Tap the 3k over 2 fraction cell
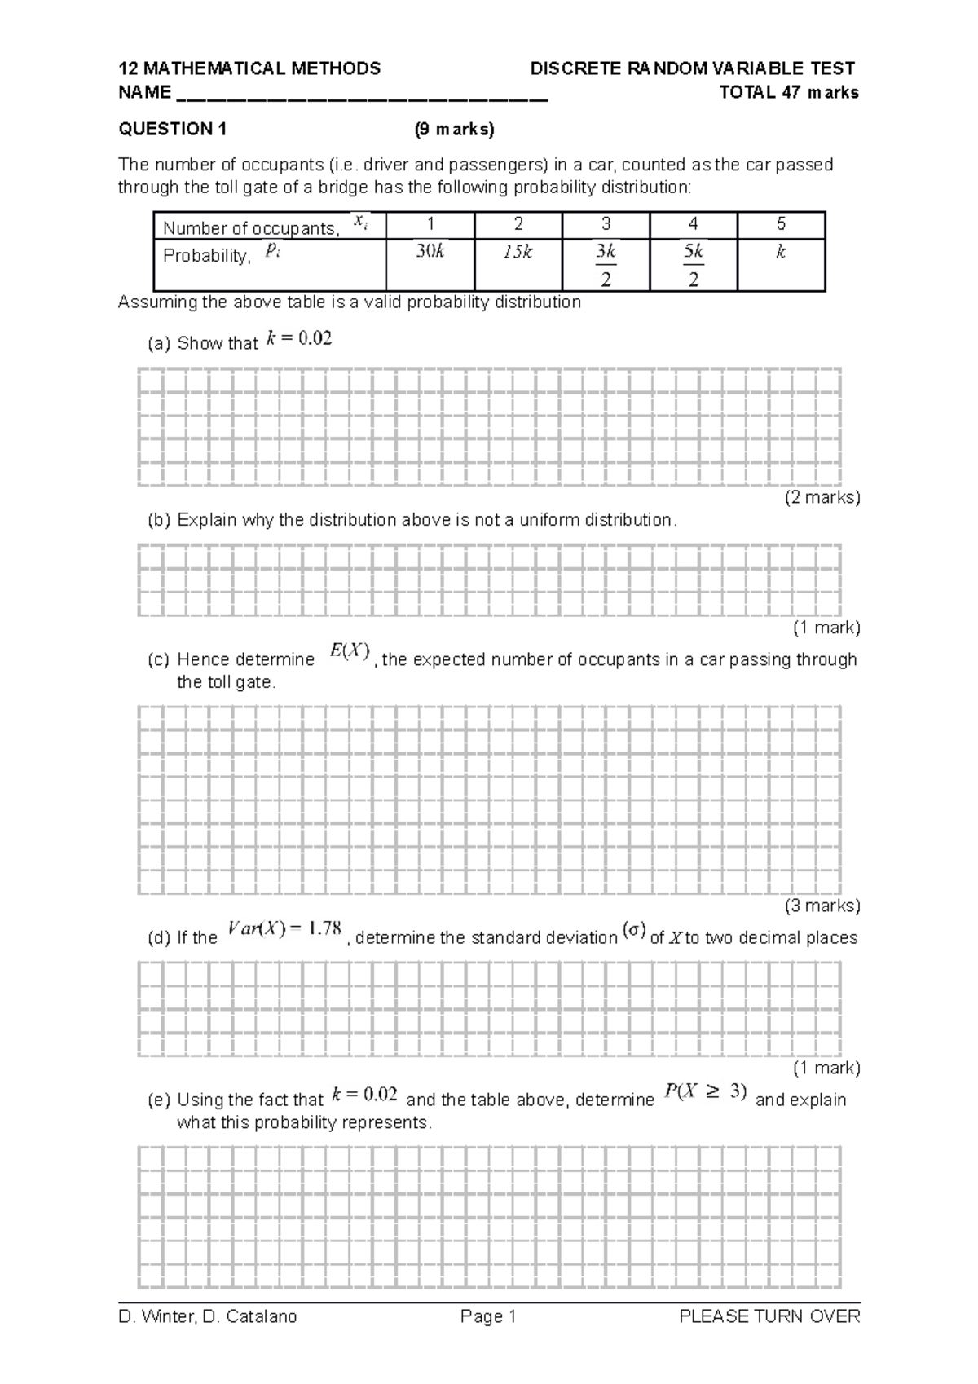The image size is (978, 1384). (x=606, y=265)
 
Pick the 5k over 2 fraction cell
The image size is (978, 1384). (x=694, y=265)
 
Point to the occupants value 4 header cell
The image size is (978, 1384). (x=693, y=224)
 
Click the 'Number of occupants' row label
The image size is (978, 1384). (x=253, y=227)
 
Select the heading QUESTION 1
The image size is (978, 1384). (x=173, y=129)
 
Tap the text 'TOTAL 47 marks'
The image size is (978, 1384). (x=788, y=92)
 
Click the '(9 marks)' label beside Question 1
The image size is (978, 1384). (x=454, y=129)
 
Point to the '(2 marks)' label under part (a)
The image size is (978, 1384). (x=822, y=497)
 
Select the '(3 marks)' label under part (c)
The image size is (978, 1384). (x=822, y=906)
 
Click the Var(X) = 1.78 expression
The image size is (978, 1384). (x=284, y=928)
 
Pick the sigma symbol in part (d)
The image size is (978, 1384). (x=633, y=930)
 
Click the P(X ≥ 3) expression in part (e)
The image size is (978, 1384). (x=706, y=1091)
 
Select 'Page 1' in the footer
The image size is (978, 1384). (x=488, y=1316)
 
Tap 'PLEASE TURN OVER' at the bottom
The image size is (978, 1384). (x=769, y=1316)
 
